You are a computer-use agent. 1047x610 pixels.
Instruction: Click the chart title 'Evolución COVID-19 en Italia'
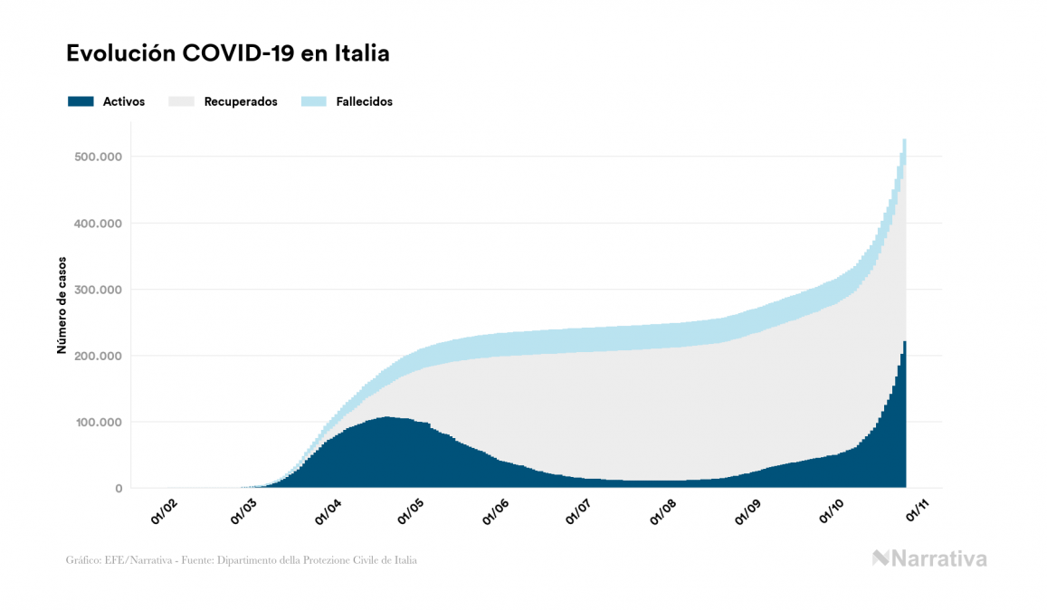(227, 53)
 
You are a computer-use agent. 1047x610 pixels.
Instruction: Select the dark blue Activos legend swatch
(81, 101)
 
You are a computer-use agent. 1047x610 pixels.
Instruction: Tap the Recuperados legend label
(241, 101)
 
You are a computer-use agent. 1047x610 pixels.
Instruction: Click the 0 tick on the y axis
(118, 489)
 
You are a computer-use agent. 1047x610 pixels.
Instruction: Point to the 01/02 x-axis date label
(164, 512)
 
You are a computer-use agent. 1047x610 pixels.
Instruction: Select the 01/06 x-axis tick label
(497, 512)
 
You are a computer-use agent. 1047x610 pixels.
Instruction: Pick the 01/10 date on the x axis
(831, 512)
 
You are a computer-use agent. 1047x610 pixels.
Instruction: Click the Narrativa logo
(929, 558)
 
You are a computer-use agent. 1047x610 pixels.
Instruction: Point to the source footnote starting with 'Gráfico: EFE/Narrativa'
(242, 560)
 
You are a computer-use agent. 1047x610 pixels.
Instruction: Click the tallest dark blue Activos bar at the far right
(904, 416)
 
